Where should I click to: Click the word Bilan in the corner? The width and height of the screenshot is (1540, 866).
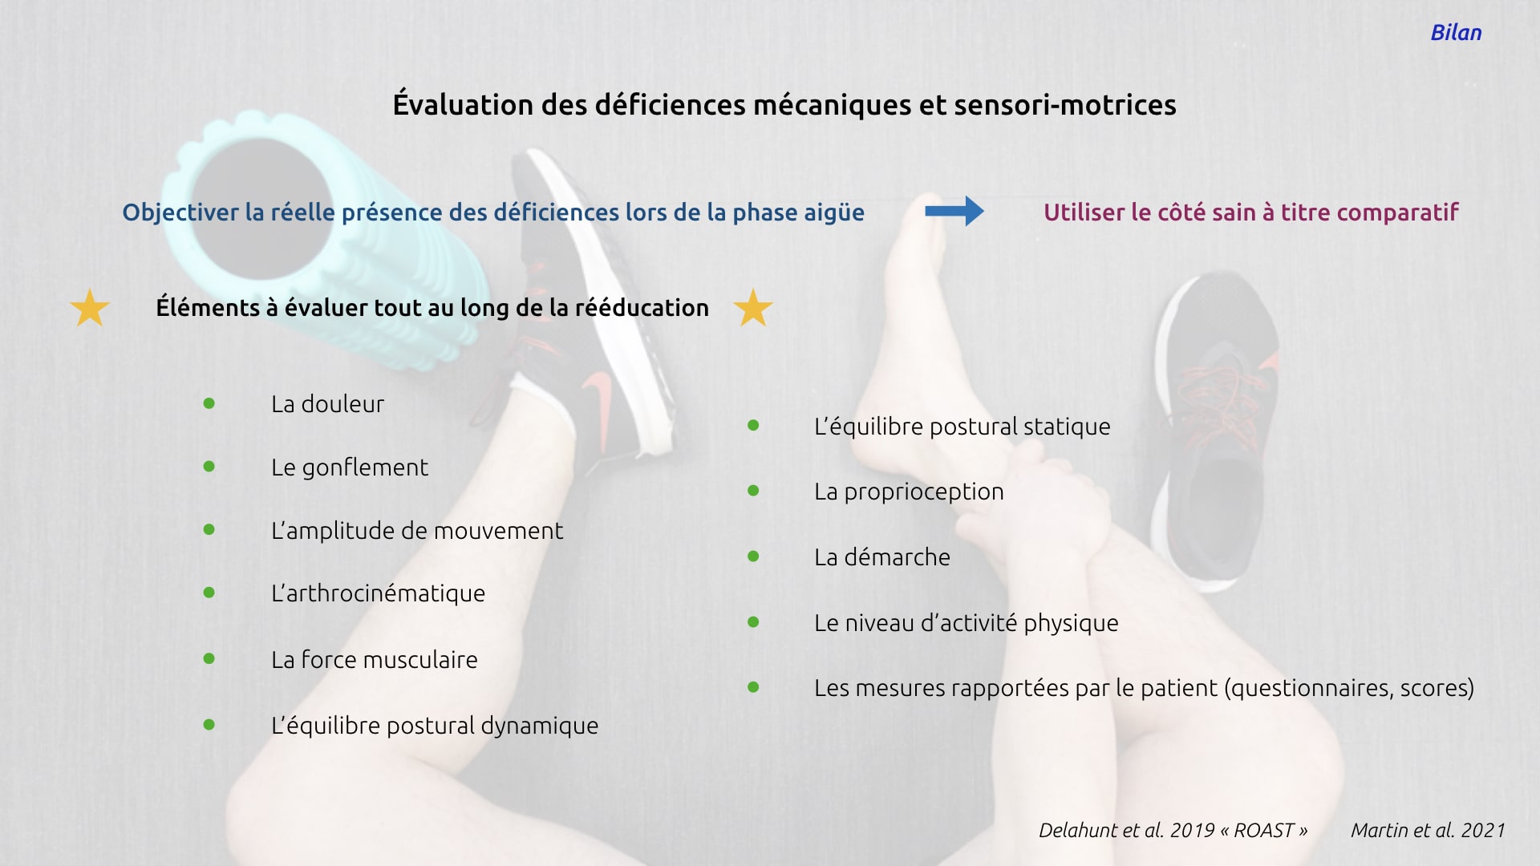pos(1456,33)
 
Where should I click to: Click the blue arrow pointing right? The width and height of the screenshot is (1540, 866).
pos(954,211)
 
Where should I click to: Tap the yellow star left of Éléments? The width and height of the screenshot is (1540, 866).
pos(90,308)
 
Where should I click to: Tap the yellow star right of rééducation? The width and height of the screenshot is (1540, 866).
pos(753,308)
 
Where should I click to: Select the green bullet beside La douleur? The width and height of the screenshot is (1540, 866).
pos(209,403)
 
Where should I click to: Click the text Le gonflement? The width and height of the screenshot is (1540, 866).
pos(350,467)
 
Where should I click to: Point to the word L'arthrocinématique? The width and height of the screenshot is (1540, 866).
pos(378,593)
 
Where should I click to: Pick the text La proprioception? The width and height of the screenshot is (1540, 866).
pos(909,492)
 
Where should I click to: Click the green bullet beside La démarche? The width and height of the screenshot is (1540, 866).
pos(753,556)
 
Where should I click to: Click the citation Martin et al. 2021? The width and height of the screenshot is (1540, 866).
pos(1428,831)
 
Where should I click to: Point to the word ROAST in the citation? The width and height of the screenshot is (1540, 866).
pos(1264,831)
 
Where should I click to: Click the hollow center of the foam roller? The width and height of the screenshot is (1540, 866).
pos(261,208)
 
